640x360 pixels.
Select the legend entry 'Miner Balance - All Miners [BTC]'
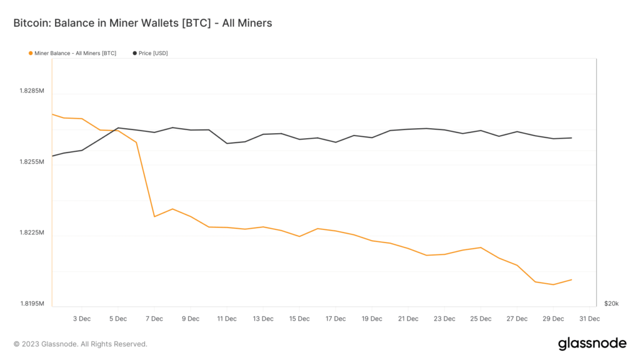[x=75, y=53]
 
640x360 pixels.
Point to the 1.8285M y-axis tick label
[x=32, y=91]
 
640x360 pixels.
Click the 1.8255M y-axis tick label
[x=32, y=162]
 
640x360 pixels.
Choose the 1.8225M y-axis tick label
[x=32, y=233]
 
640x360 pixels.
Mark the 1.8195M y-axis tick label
[x=32, y=304]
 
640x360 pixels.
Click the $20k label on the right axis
[x=611, y=304]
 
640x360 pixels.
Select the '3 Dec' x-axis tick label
[x=82, y=319]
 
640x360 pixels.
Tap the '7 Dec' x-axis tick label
[x=154, y=319]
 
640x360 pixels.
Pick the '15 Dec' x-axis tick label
[x=299, y=319]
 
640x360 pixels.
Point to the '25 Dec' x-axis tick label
[x=481, y=319]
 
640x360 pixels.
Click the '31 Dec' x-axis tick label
[x=589, y=319]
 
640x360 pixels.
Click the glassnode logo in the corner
[x=591, y=343]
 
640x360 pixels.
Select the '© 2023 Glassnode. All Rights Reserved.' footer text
[x=80, y=344]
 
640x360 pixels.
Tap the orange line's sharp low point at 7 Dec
[x=154, y=217]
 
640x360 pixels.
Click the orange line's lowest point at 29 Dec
[x=553, y=284]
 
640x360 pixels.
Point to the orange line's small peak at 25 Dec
[x=481, y=247]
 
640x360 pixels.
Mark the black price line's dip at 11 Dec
[x=227, y=144]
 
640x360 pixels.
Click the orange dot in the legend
[x=31, y=53]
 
